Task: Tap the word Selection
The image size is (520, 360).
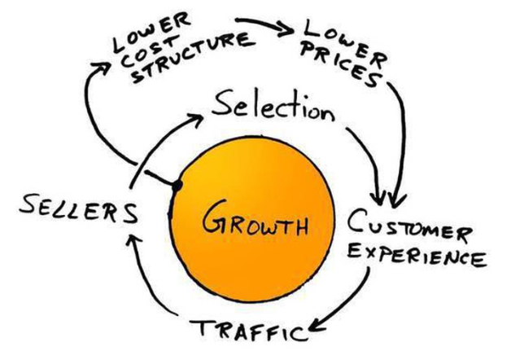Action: coord(273,106)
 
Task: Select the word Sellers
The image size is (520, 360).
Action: coord(78,209)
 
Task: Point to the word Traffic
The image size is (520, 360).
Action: coord(249,329)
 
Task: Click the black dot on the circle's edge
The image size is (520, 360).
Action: coord(177,186)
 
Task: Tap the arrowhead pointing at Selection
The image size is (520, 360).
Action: coord(196,120)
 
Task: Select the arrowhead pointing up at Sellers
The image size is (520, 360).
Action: coord(133,239)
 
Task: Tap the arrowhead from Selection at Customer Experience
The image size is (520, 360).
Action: coord(378,198)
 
